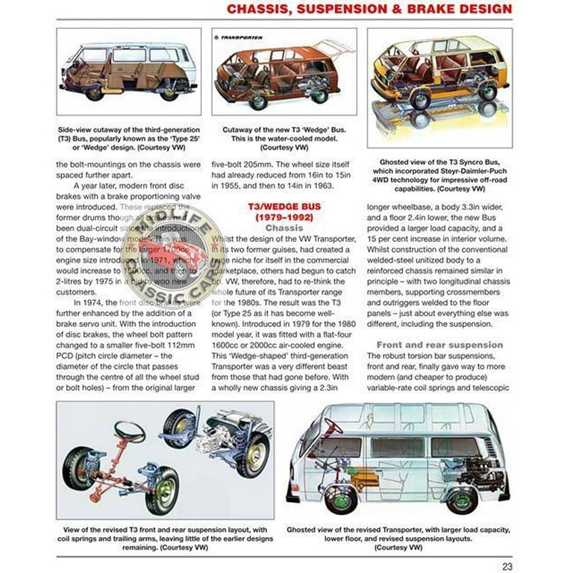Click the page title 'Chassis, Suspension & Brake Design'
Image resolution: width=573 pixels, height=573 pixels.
369,10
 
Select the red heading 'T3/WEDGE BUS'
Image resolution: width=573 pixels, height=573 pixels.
284,206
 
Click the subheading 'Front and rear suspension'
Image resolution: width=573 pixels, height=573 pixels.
439,345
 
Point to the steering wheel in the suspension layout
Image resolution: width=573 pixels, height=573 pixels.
129,431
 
